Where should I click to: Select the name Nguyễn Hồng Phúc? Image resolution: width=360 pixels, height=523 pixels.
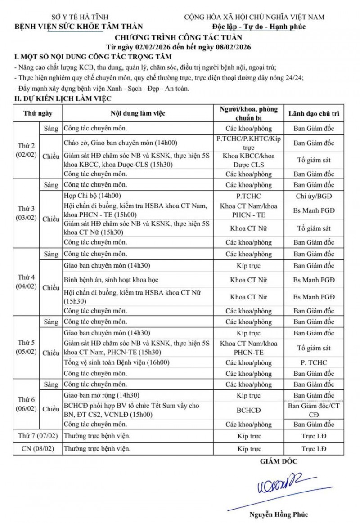(279, 514)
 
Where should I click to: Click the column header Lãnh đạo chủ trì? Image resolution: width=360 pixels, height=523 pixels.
(314, 113)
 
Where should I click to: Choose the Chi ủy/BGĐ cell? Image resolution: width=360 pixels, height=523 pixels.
(314, 196)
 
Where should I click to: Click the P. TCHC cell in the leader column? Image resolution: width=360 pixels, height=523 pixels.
(314, 362)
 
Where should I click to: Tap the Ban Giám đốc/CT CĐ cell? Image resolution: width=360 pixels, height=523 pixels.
(314, 410)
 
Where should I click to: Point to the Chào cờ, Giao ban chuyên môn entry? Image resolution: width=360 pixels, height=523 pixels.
(121, 143)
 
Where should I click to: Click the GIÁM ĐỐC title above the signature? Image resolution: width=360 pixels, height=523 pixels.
(279, 461)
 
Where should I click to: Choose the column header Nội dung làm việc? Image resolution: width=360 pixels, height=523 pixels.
(137, 113)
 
